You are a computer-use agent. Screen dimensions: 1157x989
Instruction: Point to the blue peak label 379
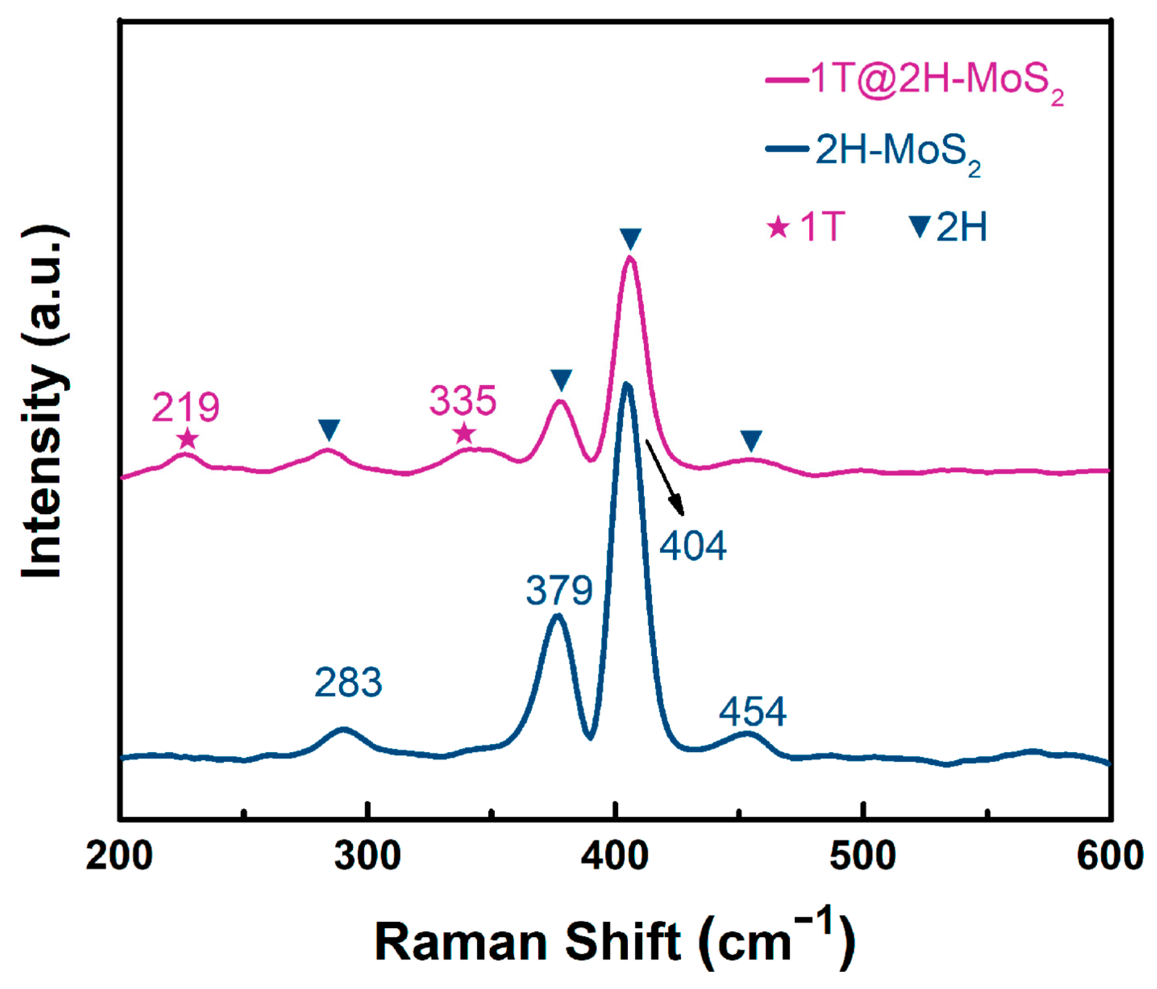(x=559, y=590)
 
